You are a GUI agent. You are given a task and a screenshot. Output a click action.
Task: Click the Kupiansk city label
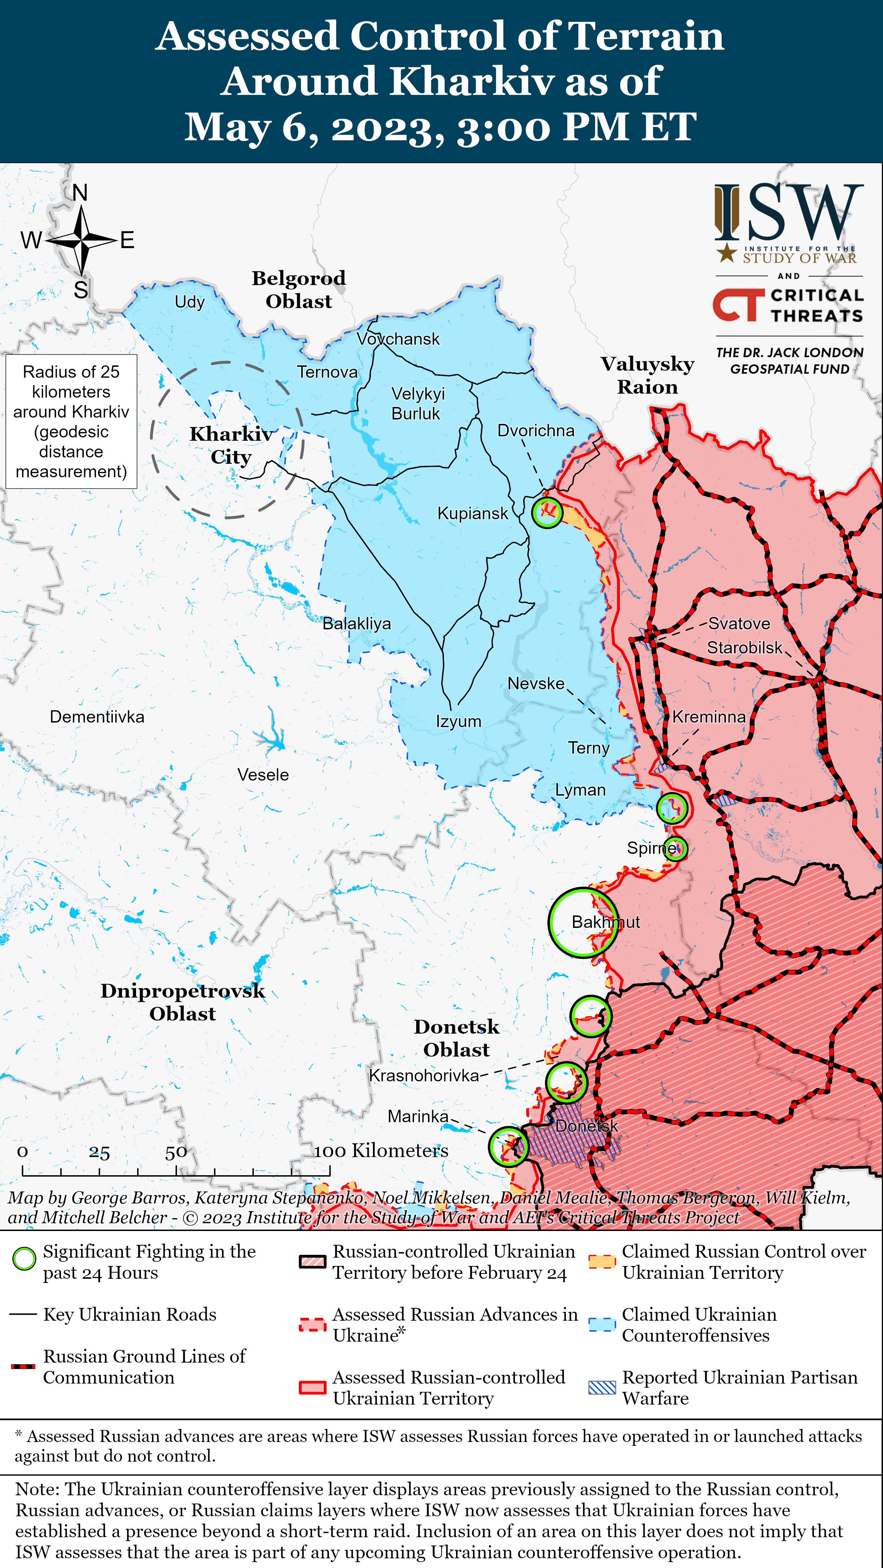pos(472,513)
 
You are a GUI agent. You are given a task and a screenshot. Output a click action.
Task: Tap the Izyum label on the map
pos(458,721)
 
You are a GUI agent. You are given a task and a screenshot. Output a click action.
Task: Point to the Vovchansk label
pos(398,339)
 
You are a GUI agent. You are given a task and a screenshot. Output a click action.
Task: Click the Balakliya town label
pos(357,623)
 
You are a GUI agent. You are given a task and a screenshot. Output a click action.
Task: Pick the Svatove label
pos(739,623)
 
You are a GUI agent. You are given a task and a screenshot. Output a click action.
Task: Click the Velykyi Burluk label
pos(418,404)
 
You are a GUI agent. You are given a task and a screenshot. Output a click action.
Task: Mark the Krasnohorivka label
pos(424,1075)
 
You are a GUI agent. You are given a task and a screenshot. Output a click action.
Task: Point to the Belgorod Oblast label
pos(299,290)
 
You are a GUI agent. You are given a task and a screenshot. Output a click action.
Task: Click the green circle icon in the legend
pos(24,1259)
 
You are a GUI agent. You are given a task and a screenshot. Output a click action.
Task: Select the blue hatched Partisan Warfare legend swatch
pos(602,1387)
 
